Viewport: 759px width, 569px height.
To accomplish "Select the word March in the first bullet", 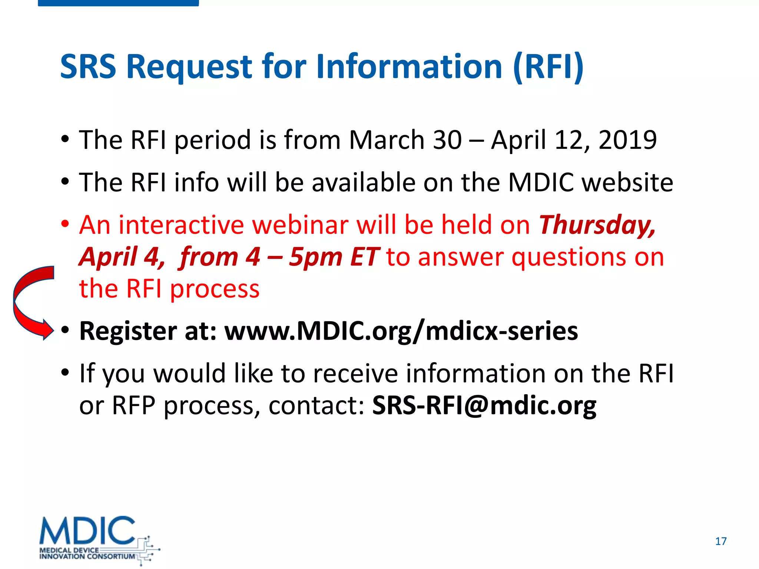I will (387, 140).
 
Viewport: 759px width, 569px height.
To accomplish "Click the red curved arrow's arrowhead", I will (48, 329).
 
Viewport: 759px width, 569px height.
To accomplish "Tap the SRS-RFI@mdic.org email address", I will (484, 406).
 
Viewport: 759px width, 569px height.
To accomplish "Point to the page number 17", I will (721, 541).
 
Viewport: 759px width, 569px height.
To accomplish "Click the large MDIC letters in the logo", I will (87, 530).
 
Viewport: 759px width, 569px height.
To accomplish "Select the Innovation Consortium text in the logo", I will (87, 556).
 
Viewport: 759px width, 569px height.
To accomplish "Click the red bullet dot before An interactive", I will (65, 224).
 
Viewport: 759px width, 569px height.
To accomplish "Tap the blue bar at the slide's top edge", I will (118, 3).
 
